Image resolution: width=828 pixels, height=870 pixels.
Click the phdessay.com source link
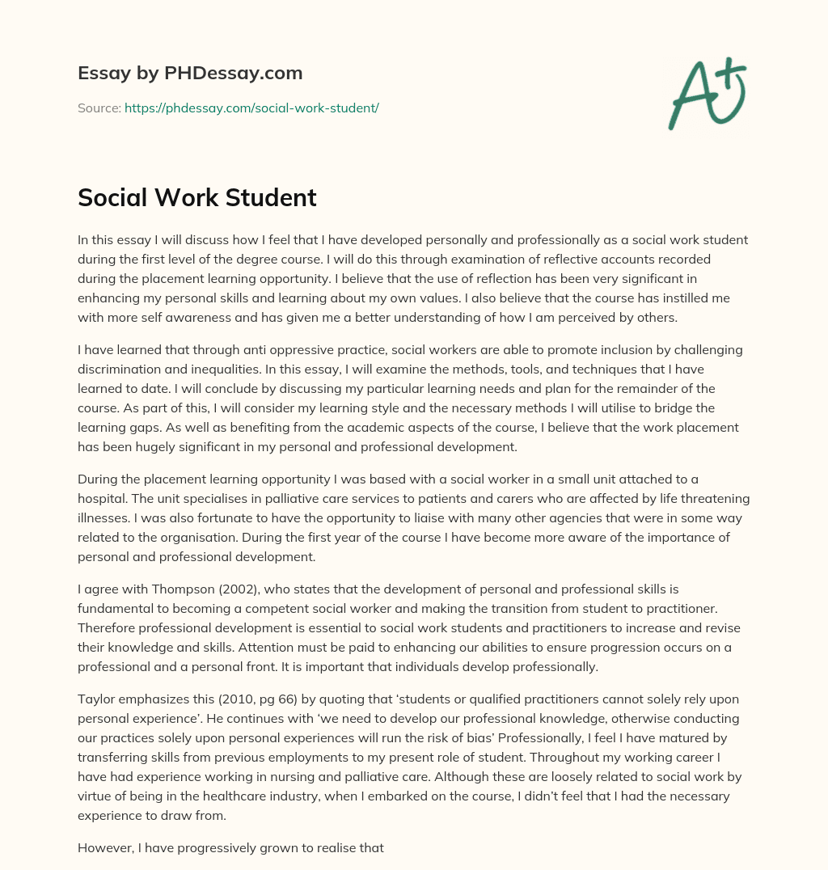tap(251, 108)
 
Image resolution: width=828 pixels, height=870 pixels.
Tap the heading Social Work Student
tap(196, 197)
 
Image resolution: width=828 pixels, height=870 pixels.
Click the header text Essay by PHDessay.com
tap(190, 74)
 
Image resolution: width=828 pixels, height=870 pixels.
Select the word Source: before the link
tap(99, 108)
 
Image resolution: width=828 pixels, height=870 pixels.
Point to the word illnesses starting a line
tap(103, 518)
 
